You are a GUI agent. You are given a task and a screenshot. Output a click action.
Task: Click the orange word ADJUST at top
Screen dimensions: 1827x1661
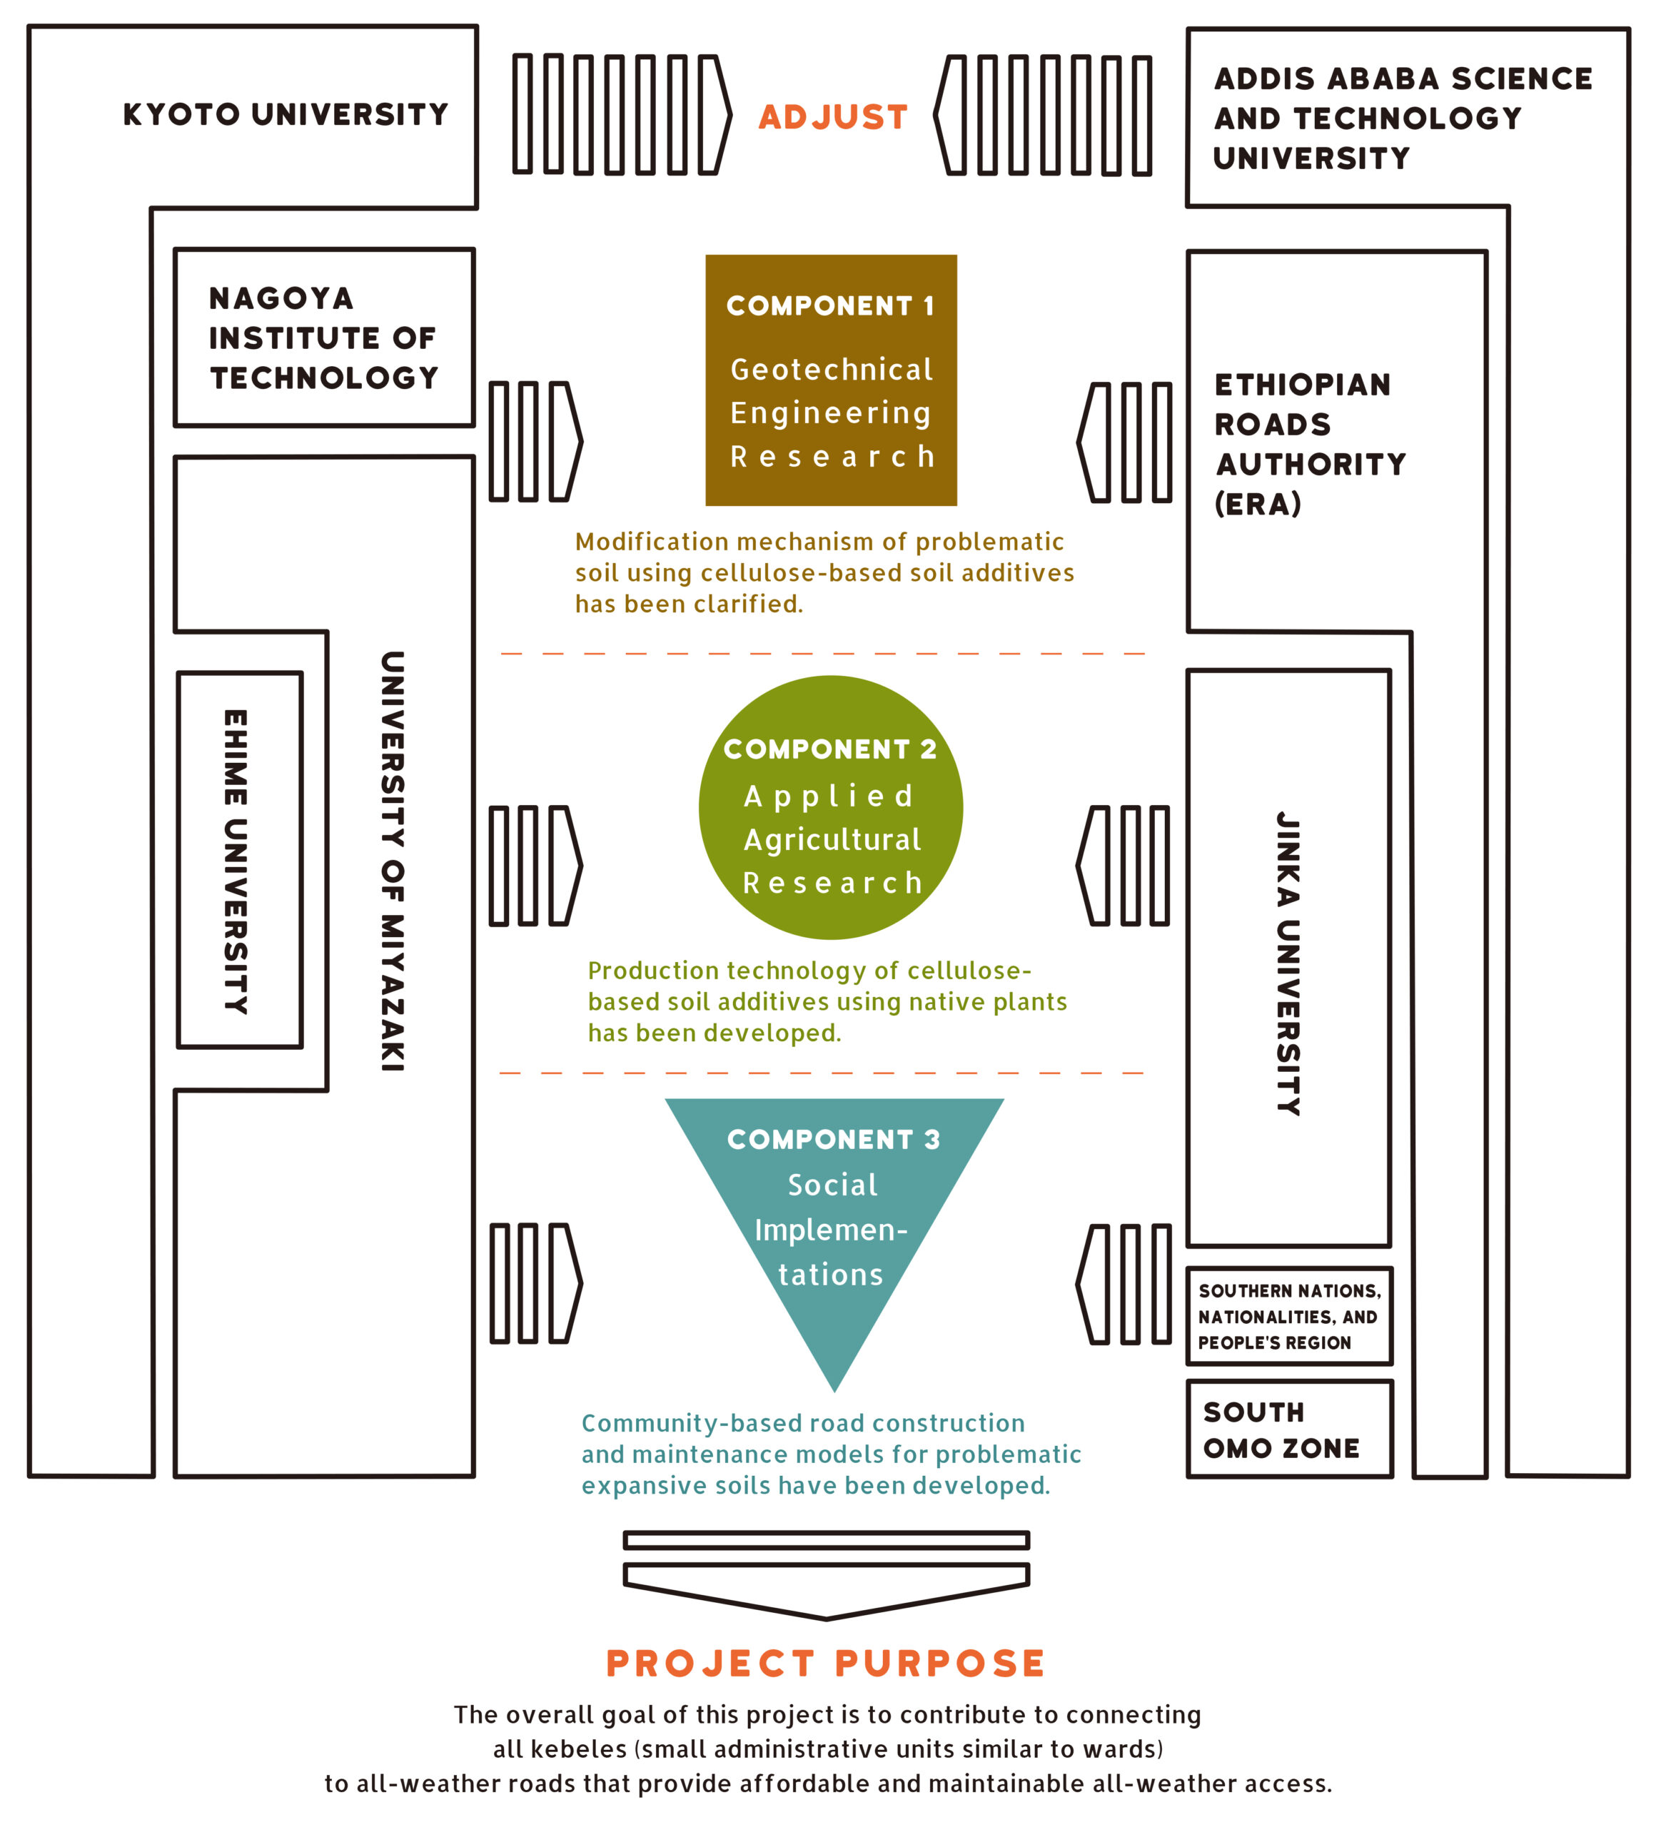(833, 117)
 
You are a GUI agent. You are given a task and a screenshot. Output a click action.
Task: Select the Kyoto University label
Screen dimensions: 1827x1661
(286, 114)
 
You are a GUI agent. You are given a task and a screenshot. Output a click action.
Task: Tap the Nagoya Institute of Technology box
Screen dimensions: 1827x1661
(323, 337)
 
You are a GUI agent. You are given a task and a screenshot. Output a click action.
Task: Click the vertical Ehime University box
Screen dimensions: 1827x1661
(239, 860)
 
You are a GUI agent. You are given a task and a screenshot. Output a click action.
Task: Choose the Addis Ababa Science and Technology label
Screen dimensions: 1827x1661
(1403, 118)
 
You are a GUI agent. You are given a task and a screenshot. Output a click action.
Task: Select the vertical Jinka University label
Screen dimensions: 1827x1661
(1288, 963)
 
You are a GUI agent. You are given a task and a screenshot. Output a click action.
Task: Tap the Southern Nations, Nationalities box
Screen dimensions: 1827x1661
(1288, 1316)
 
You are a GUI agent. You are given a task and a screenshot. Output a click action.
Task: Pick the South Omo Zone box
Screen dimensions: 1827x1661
(1288, 1429)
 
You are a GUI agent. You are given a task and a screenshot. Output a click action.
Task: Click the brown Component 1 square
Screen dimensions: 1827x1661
(831, 380)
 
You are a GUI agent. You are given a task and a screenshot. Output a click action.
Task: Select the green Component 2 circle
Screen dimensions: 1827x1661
(831, 807)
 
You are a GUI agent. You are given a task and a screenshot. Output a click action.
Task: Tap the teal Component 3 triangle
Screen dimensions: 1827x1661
(833, 1205)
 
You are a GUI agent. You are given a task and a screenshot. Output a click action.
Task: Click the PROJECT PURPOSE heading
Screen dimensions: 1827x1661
(826, 1664)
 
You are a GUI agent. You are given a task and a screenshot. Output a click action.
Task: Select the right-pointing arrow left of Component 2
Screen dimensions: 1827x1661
(535, 866)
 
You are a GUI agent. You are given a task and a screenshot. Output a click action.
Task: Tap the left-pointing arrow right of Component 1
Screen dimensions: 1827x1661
(1124, 442)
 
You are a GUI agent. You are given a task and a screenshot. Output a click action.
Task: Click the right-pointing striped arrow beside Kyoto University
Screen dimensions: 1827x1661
(622, 115)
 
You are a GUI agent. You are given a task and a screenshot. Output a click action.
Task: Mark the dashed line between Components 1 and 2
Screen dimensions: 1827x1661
(823, 654)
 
